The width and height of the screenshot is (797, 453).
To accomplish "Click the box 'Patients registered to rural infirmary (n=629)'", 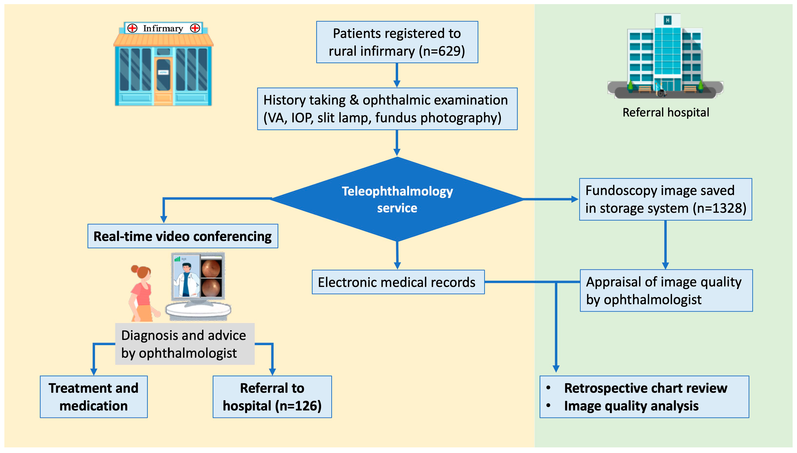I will point(397,42).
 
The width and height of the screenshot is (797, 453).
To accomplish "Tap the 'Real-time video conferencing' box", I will point(183,236).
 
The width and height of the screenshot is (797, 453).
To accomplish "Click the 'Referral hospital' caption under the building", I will point(666,112).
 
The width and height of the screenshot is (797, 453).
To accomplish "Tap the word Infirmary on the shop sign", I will point(163,28).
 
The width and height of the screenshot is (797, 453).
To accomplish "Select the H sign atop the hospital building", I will point(667,20).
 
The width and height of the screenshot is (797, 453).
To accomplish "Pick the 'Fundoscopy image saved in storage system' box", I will point(665,199).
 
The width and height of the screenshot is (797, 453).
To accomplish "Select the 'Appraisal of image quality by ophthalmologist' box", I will point(666,290).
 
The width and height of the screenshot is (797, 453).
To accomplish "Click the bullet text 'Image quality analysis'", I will point(631,406).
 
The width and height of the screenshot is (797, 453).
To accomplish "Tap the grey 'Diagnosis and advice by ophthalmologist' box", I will point(185,344).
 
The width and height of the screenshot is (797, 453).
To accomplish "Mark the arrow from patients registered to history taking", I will point(396,75).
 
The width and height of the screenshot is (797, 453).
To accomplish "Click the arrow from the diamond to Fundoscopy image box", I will point(550,199).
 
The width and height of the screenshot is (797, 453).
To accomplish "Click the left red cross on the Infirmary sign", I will point(132,28).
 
